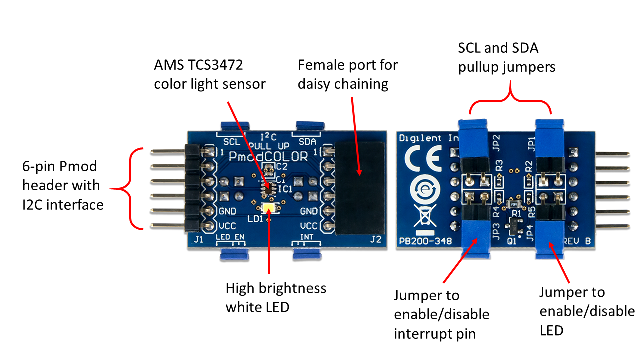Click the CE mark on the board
point(422,159)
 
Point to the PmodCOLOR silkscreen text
point(268,156)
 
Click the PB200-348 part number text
point(425,241)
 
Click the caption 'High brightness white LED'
point(276,297)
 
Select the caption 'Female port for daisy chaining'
point(348,74)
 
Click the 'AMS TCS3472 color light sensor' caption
point(210,74)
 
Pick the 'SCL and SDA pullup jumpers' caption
point(507,57)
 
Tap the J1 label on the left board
point(198,240)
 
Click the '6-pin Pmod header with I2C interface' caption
point(63,185)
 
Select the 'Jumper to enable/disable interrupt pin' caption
point(441,314)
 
